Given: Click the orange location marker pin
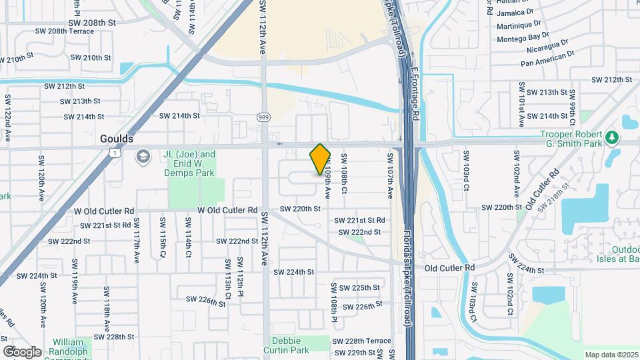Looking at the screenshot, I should tap(320, 159).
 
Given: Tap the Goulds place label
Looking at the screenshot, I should tap(116, 139).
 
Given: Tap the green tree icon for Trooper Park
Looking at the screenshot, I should tap(611, 138).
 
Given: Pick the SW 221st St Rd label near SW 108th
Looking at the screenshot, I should tap(359, 220).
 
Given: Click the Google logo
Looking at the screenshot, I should tap(22, 351).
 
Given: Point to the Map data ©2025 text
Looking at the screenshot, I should tap(611, 355).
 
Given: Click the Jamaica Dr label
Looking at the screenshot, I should tap(515, 11).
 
